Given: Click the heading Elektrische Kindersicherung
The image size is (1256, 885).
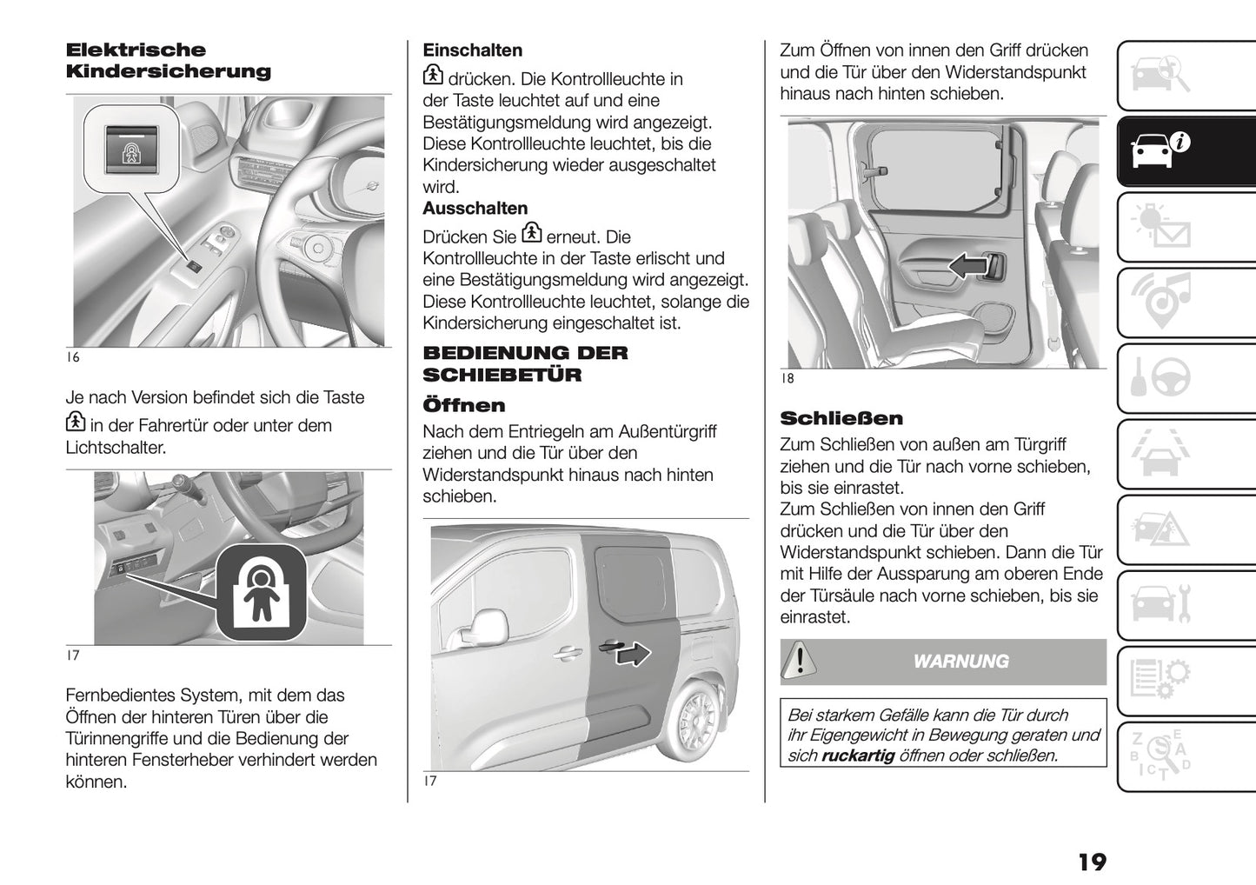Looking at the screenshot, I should tap(169, 61).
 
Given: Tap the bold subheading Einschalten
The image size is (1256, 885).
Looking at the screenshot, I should tap(472, 50).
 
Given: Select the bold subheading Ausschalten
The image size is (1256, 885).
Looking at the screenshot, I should tap(475, 209).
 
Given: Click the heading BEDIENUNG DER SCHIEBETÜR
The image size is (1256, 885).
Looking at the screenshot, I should tap(525, 363).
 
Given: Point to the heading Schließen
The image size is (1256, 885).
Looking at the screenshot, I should tap(841, 418).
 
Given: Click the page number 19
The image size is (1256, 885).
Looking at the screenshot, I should tap(1092, 862).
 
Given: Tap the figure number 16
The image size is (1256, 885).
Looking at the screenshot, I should tap(73, 357).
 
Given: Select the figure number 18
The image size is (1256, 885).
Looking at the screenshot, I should tap(787, 378).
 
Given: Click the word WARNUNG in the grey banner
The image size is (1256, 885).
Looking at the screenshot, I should tap(960, 662).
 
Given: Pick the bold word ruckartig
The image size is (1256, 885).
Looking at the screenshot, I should tap(857, 755).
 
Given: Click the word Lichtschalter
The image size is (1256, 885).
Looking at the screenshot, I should tap(115, 448).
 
